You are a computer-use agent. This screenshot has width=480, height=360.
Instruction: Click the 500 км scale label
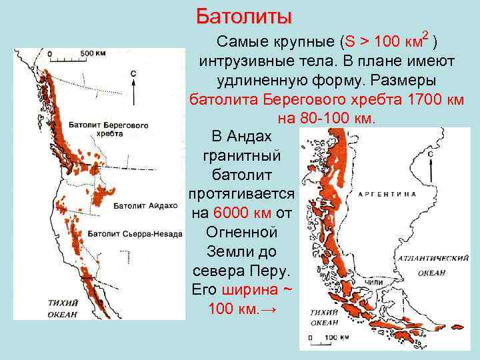(92, 52)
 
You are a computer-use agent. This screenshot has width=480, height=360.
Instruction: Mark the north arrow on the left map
(134, 87)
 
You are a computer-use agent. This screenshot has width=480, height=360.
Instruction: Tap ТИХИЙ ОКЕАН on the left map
(63, 308)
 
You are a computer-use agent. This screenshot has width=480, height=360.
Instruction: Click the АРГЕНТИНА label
(387, 194)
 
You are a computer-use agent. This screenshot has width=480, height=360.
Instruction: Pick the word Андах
(249, 137)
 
